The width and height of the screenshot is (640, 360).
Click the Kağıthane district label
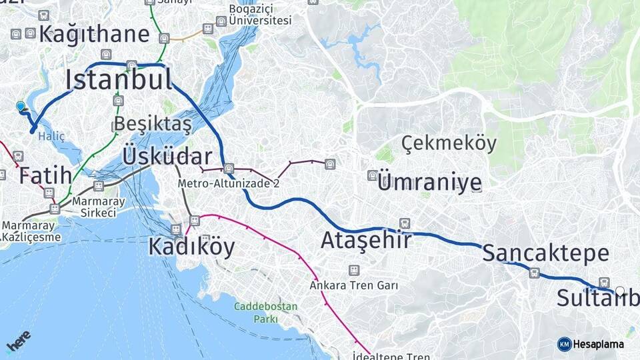point(94,34)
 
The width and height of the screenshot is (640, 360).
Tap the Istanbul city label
point(119,80)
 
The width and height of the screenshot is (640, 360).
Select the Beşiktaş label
point(153,123)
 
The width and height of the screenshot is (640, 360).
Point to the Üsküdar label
point(167,157)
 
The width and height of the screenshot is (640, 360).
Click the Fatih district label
point(45,176)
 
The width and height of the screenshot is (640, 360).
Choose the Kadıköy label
point(191,247)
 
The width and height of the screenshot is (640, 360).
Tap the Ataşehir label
point(365,240)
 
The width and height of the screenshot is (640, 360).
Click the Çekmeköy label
point(449,143)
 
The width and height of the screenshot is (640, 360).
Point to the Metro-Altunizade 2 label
point(228,183)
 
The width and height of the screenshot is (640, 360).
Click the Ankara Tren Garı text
point(353,285)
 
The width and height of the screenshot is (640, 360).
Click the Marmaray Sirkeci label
point(94,207)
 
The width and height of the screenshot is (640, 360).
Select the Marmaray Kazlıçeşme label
point(31,231)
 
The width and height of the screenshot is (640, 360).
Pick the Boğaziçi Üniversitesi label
point(260,14)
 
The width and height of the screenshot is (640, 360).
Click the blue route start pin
point(21,106)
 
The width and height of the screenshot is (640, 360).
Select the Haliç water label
point(51,136)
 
